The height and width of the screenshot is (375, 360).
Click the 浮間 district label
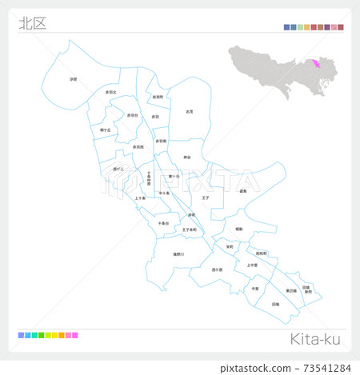73,80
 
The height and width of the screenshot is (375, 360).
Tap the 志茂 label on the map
189,112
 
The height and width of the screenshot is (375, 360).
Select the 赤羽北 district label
110,93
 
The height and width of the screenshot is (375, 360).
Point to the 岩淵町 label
157,97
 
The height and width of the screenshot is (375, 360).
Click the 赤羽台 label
133,116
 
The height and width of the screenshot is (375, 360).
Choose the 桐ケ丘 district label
106,129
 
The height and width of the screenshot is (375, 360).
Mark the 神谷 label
187,157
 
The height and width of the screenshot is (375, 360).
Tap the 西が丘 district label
119,170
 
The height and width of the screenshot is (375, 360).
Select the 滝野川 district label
178,254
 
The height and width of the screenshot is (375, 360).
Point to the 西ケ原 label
217,269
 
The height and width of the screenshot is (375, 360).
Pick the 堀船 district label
238,229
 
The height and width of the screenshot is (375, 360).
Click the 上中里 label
252,265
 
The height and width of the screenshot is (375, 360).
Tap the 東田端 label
290,290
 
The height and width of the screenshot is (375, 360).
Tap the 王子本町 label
190,230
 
